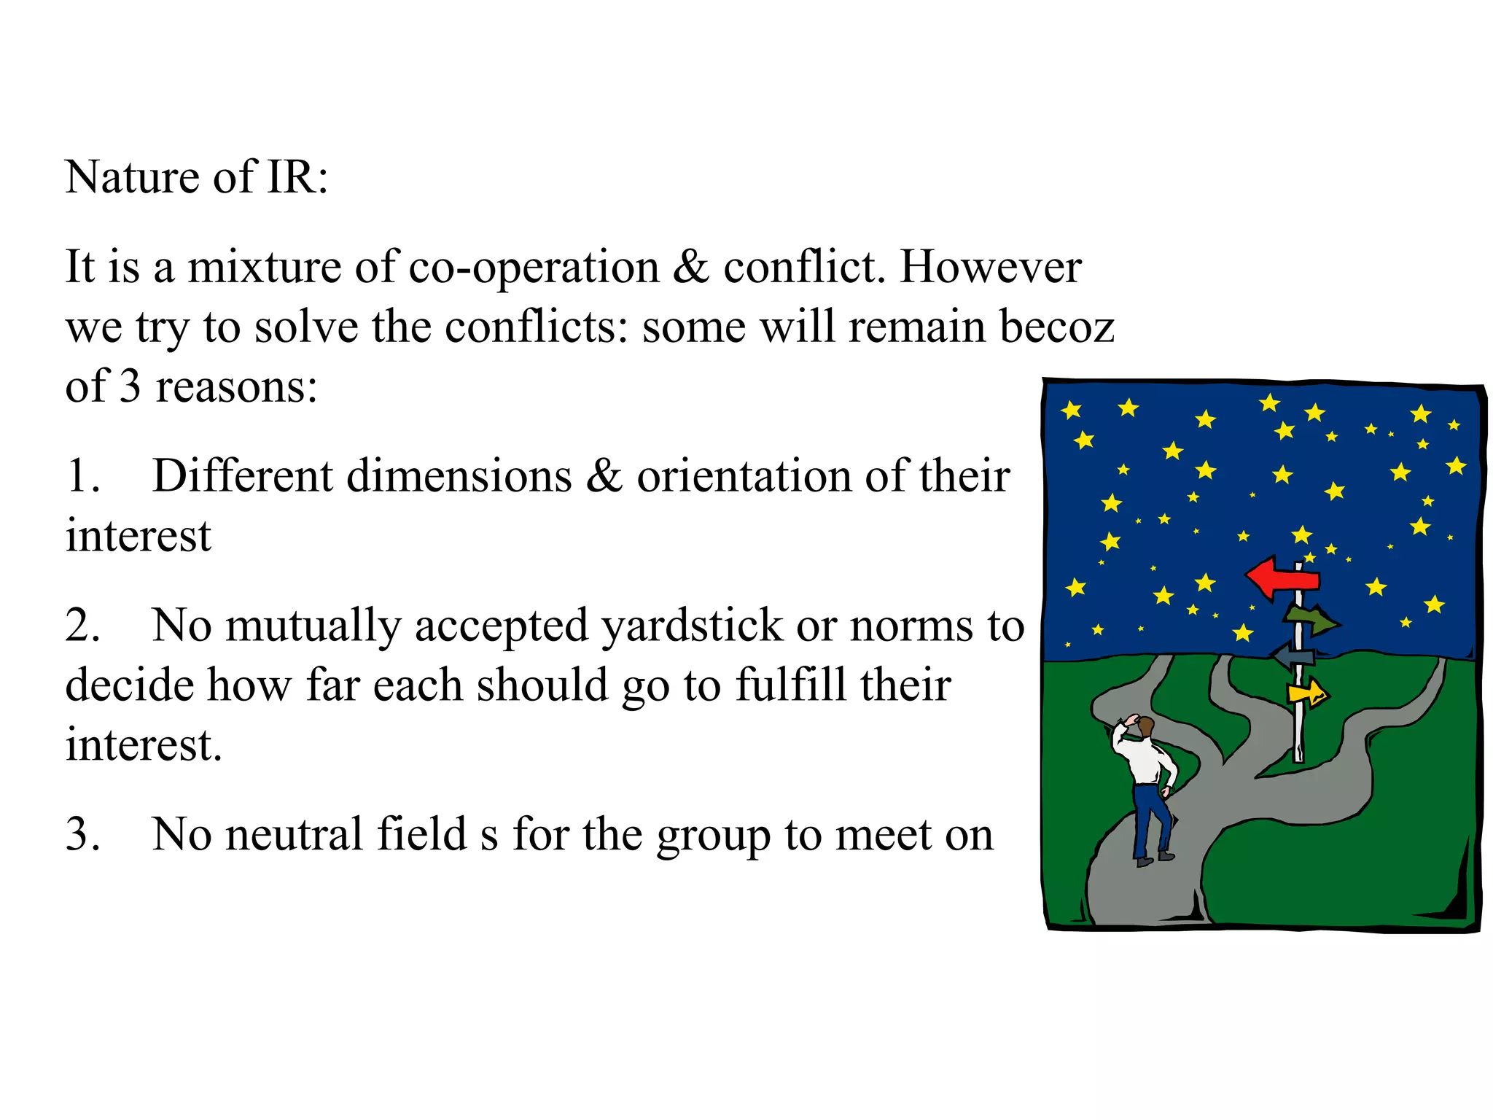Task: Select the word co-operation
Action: [x=534, y=268]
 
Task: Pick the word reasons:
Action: [x=236, y=387]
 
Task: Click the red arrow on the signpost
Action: [x=1282, y=578]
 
